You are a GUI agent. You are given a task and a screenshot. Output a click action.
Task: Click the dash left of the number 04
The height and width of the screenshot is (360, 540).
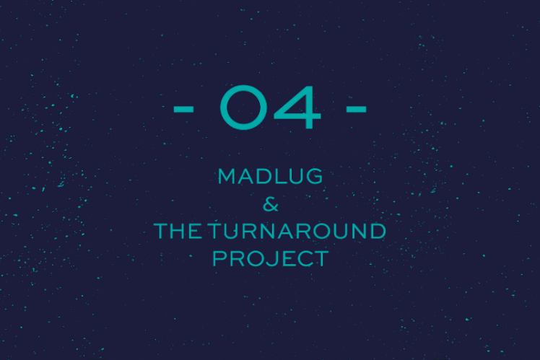pyautogui.click(x=183, y=110)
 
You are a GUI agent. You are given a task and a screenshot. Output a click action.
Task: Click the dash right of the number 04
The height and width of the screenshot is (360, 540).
pyautogui.click(x=356, y=110)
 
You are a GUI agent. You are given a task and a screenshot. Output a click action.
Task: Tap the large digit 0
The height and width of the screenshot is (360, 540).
pyautogui.click(x=243, y=107)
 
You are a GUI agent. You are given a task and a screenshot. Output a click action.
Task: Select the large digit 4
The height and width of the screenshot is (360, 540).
pyautogui.click(x=297, y=107)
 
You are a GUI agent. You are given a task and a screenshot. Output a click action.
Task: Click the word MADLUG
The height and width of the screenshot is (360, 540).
pyautogui.click(x=270, y=176)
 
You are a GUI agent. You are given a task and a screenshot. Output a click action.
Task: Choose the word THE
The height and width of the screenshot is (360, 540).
pyautogui.click(x=178, y=231)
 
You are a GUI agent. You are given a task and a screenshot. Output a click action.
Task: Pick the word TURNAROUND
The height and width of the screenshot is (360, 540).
pyautogui.click(x=297, y=231)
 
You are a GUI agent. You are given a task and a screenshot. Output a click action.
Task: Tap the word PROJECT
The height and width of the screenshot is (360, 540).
pyautogui.click(x=271, y=258)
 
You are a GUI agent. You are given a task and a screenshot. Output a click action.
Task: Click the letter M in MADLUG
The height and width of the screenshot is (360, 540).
pyautogui.click(x=227, y=176)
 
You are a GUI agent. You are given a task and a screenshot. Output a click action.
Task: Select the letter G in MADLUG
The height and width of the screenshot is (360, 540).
pyautogui.click(x=314, y=176)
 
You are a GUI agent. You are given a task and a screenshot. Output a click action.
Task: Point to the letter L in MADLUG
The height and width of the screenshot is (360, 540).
pyautogui.click(x=279, y=176)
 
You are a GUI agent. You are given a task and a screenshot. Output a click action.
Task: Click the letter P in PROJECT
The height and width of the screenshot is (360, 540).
pyautogui.click(x=219, y=259)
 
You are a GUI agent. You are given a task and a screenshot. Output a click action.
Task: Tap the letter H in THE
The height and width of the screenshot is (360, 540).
pyautogui.click(x=178, y=231)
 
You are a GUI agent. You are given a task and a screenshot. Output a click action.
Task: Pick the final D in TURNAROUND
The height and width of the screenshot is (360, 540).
pyautogui.click(x=378, y=231)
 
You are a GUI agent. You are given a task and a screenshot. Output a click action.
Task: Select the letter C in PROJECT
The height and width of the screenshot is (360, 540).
pyautogui.click(x=305, y=259)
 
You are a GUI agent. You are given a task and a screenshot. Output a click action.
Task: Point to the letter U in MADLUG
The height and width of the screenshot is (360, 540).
pyautogui.click(x=295, y=176)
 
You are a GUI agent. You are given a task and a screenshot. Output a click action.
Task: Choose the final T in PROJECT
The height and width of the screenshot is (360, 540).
pyautogui.click(x=322, y=259)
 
